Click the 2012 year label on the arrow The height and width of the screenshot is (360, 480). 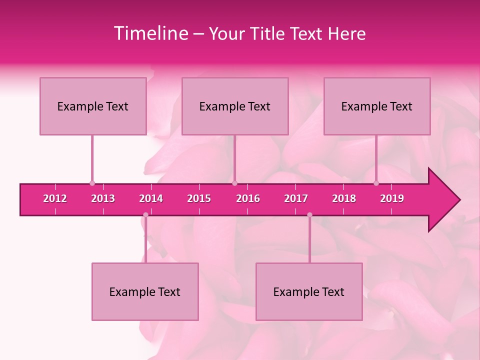(55, 198)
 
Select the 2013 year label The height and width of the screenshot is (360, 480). (103, 198)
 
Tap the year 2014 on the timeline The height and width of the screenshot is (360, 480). (151, 198)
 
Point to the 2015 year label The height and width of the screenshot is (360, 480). (199, 198)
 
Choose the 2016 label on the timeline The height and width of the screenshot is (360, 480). (248, 198)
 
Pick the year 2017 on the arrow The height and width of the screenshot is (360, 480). (296, 198)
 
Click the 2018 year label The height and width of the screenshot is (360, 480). (344, 198)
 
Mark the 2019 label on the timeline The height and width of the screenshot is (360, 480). (392, 198)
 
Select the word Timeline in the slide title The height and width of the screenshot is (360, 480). (150, 33)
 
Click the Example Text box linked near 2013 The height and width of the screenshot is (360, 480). (93, 106)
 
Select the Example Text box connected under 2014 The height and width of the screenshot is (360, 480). (145, 291)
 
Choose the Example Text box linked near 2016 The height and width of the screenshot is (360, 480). (235, 106)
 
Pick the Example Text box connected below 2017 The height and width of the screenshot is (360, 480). (309, 291)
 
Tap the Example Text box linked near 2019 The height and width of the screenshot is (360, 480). (377, 106)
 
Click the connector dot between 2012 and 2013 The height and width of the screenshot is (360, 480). (92, 183)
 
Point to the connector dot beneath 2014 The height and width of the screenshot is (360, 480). (145, 215)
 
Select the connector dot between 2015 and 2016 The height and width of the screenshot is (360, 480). (234, 183)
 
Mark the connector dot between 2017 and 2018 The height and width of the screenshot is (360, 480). (309, 215)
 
